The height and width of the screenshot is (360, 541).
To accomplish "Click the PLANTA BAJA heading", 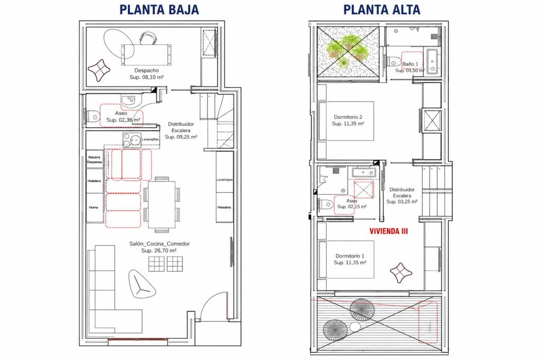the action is point(159,10).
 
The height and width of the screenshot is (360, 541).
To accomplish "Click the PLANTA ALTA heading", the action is point(382,10).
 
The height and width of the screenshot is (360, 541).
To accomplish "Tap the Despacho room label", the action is point(146,71).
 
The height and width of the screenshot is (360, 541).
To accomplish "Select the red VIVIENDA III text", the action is point(388,231).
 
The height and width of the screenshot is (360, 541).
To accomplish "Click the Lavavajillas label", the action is point(151,139).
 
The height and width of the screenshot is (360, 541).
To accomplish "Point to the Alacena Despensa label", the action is point(94,159).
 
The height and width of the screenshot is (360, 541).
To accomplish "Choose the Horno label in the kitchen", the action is point(94,207).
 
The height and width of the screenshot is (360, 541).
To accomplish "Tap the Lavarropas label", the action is point(225,179).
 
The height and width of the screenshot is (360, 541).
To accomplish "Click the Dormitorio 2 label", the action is point(348,117).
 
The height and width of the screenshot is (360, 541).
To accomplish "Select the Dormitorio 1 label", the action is point(350,256).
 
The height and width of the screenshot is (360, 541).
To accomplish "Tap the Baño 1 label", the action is point(410,64).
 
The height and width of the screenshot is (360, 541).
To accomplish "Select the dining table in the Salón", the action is point(162,204).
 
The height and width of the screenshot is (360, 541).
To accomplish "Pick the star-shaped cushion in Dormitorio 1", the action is point(401,271).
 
